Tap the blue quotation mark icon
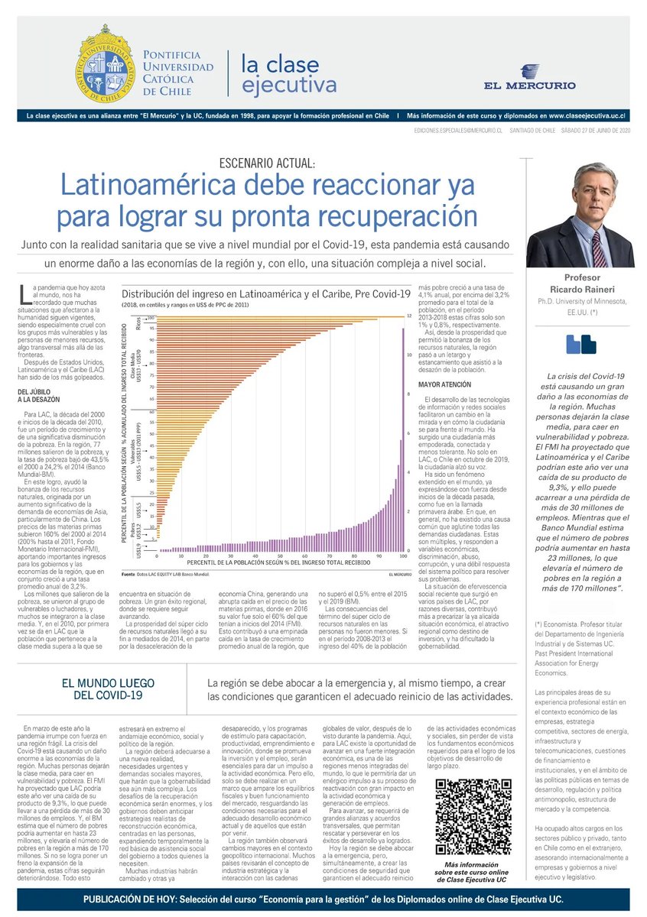580,344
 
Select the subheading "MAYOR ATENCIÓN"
444,384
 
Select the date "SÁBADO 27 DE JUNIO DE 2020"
589,131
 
